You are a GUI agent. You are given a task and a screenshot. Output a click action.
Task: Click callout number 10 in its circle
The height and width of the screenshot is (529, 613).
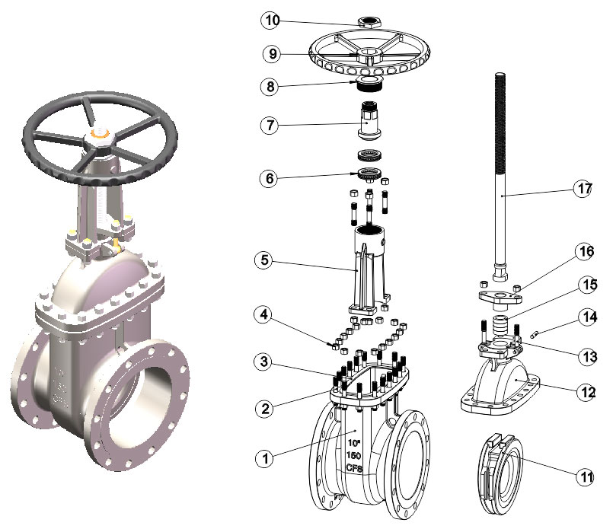coord(271,21)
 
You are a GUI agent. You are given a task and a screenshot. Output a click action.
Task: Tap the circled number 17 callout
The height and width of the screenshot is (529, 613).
coord(583,189)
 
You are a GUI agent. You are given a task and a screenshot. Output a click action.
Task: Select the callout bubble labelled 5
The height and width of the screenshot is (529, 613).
coord(264,260)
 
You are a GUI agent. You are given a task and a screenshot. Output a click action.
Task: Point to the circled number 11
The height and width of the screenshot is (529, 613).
coord(586,476)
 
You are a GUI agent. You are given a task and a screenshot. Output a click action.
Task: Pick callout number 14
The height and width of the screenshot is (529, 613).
coord(588,317)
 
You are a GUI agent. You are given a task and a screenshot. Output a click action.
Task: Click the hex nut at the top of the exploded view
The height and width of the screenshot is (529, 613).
coord(369,22)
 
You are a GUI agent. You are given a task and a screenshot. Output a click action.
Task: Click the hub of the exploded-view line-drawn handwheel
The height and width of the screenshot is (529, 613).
coord(369,55)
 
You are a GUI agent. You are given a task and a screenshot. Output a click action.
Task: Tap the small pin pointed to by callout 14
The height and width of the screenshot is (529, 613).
coord(535,334)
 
